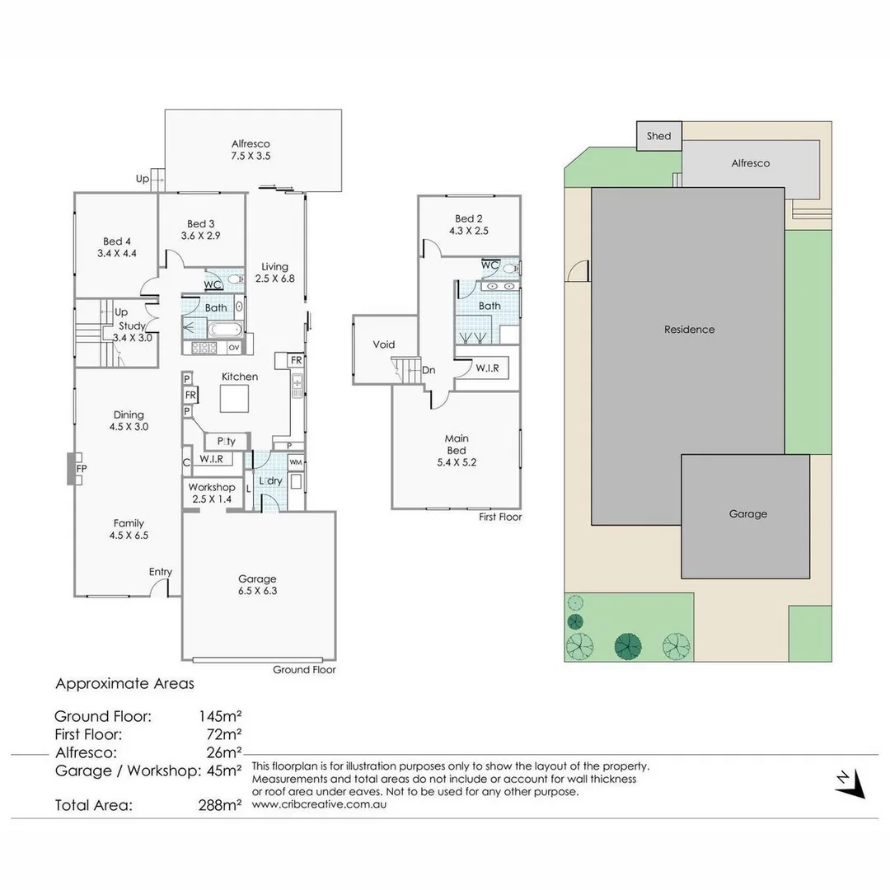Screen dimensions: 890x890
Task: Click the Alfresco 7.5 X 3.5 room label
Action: point(251,150)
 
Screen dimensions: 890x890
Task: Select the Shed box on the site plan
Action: point(658,136)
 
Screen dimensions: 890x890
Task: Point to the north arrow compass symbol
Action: point(850,784)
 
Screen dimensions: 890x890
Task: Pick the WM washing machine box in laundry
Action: point(296,461)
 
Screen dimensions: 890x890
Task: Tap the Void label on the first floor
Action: point(384,344)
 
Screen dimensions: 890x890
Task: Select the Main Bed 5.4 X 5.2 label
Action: point(456,450)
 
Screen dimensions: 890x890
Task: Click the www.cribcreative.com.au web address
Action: point(319,804)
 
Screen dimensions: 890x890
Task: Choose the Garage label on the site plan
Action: point(747,513)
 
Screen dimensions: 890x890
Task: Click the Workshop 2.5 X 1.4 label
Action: point(212,494)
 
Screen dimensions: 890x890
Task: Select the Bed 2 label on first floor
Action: point(468,224)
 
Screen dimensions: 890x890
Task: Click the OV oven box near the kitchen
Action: point(233,348)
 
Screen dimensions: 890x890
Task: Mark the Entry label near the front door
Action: point(161,572)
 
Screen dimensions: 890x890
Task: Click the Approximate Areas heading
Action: point(124,683)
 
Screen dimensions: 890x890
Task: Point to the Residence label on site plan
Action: point(690,330)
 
